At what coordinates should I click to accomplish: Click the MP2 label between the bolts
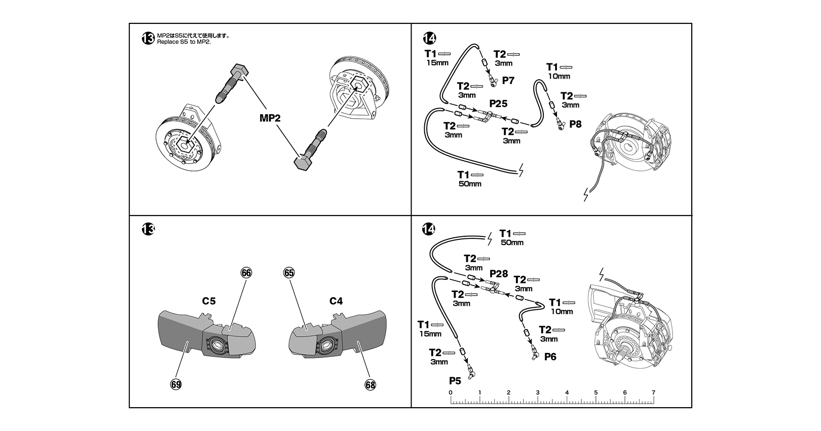point(270,118)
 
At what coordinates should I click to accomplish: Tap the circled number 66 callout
point(246,273)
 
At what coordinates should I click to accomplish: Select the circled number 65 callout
point(289,273)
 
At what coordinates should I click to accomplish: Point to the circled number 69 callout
point(176,384)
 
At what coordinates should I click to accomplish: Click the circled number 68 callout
point(370,385)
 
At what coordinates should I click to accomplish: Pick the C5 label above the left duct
point(209,301)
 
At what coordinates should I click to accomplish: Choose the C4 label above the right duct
point(335,301)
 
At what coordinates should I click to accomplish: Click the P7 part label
point(508,80)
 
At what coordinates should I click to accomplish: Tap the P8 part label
point(575,124)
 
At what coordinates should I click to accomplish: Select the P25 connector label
point(498,103)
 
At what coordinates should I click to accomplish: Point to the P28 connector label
point(499,274)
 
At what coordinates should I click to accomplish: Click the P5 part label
point(455,381)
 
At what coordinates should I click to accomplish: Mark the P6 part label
point(550,356)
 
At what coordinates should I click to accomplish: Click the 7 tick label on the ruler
point(653,392)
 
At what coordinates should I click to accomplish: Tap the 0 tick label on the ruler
point(451,392)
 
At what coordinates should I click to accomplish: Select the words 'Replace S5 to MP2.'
point(184,42)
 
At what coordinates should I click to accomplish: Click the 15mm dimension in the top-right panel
point(437,63)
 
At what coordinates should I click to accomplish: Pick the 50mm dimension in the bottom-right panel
point(512,242)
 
